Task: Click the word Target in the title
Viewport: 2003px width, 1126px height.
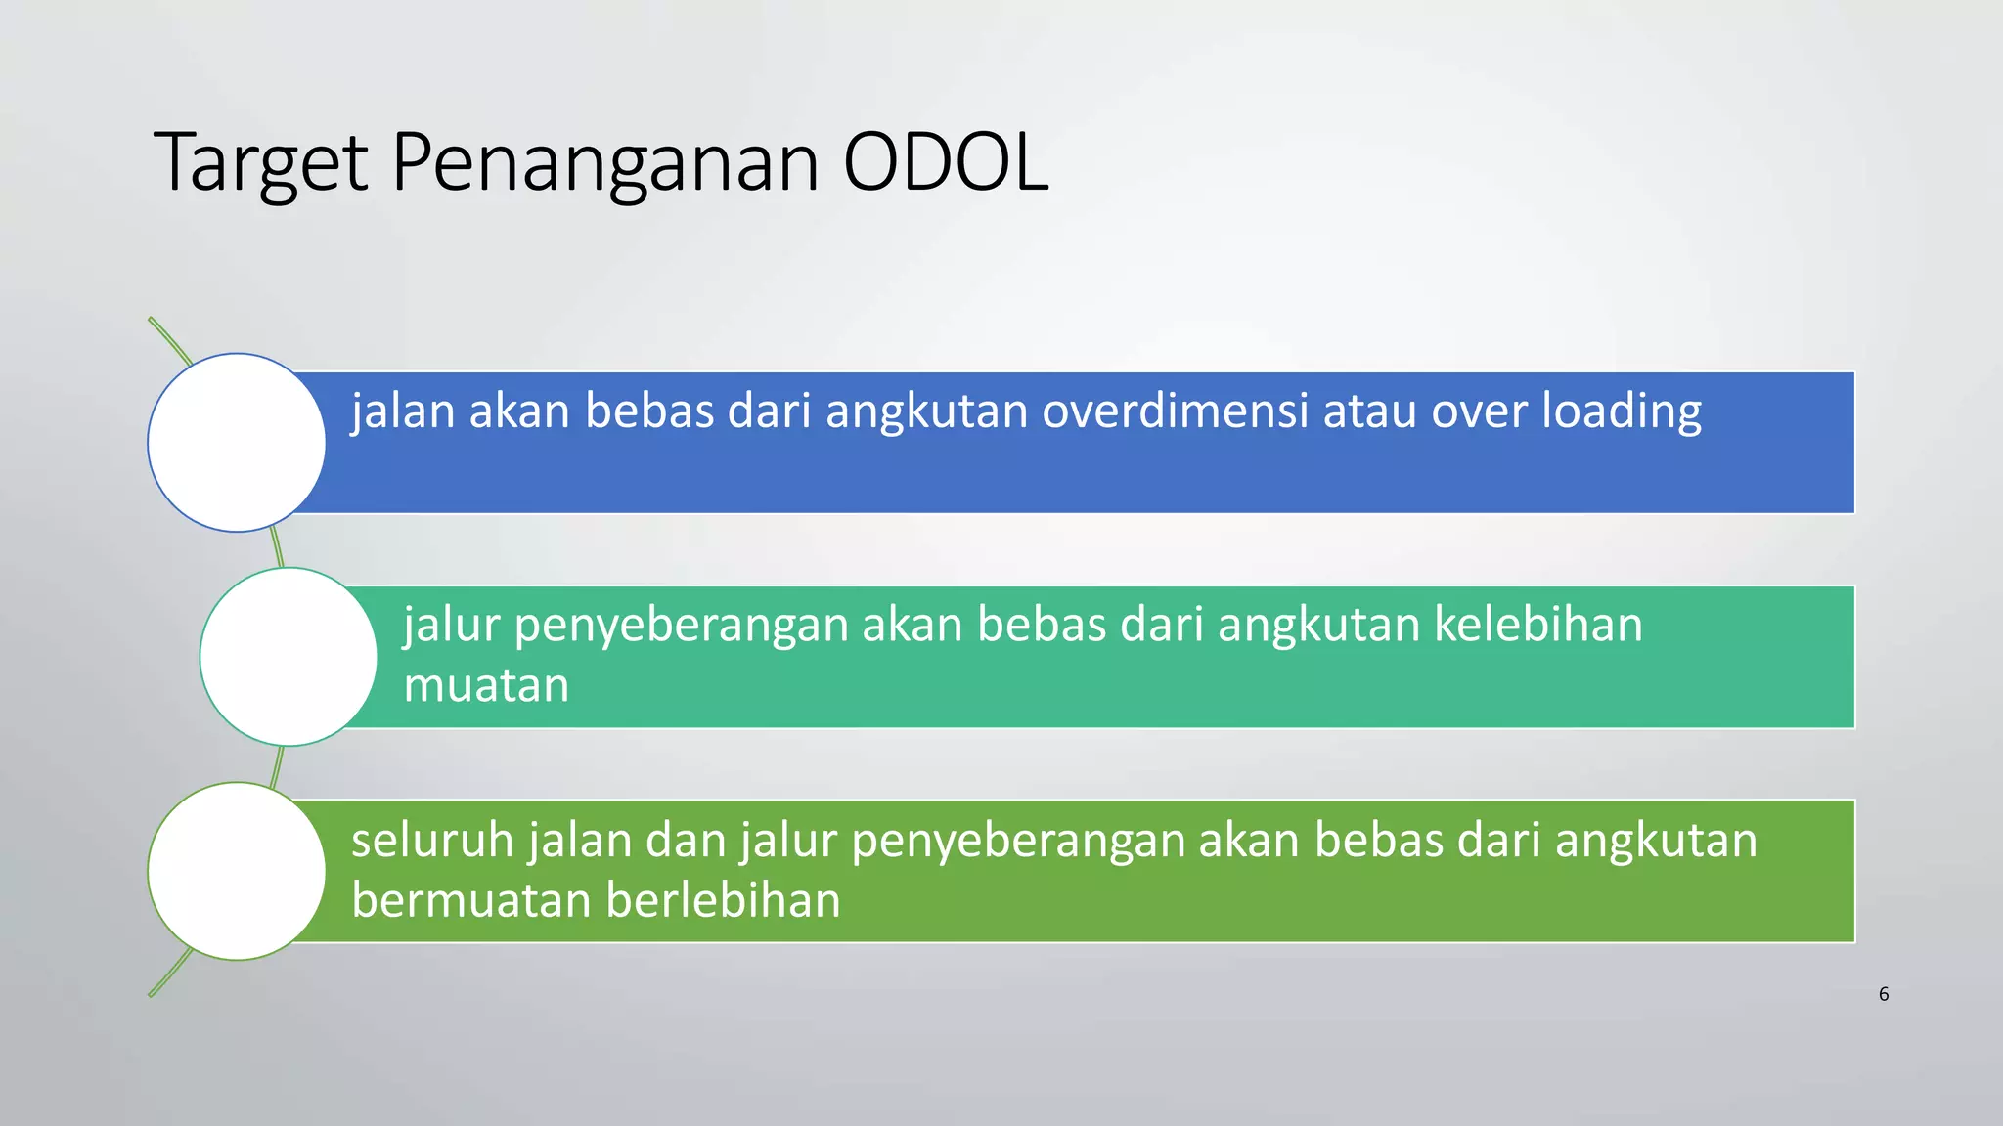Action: point(260,164)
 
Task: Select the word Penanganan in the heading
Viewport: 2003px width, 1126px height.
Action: point(605,164)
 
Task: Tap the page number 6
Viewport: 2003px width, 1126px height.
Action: point(1884,994)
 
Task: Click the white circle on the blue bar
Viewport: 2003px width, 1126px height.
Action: point(237,443)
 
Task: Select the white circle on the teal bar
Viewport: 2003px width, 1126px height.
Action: point(289,657)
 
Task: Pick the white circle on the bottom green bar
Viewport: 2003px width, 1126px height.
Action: point(237,871)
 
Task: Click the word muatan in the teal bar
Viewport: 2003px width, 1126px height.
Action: point(486,685)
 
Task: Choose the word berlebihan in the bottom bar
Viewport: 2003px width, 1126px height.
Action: point(723,900)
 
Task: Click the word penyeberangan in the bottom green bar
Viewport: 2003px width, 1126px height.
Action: point(1018,842)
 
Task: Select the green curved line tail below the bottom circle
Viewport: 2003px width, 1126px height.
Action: point(168,976)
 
